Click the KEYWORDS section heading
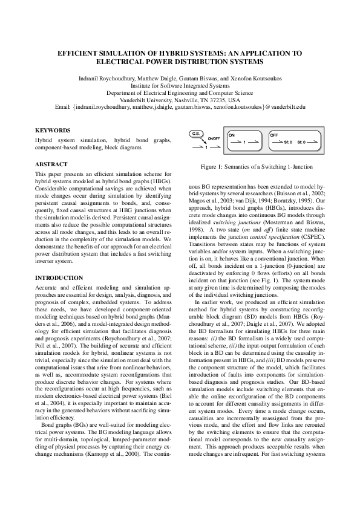[53, 130]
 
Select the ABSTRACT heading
[51, 164]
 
